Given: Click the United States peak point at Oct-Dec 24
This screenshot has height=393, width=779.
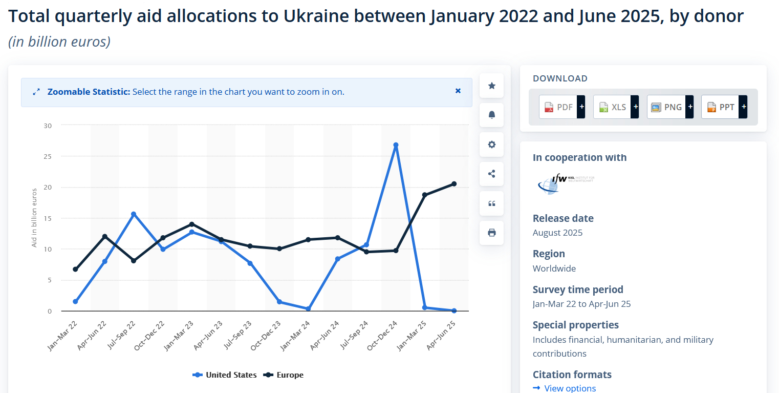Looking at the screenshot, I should pyautogui.click(x=396, y=145).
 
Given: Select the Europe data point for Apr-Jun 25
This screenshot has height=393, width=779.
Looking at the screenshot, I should pyautogui.click(x=454, y=184).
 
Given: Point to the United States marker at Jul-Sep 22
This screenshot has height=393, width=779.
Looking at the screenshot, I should pyautogui.click(x=134, y=214).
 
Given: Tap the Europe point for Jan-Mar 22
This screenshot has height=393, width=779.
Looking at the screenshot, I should pyautogui.click(x=75, y=269).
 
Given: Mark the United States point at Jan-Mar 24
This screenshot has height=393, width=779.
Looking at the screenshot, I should pyautogui.click(x=308, y=308).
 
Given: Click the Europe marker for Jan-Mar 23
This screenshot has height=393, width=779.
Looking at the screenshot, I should pyautogui.click(x=192, y=224).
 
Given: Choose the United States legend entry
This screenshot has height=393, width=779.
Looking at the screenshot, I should pyautogui.click(x=225, y=375).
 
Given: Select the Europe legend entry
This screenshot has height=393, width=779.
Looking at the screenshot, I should pyautogui.click(x=284, y=375).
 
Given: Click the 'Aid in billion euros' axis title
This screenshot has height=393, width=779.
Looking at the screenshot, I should pyautogui.click(x=34, y=218).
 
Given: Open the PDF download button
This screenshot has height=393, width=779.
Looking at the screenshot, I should pyautogui.click(x=559, y=107).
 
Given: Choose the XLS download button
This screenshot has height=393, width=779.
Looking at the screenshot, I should pyautogui.click(x=613, y=107).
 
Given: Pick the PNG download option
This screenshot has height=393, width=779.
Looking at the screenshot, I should pyautogui.click(x=667, y=107).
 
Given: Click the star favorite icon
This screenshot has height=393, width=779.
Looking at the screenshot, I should pyautogui.click(x=492, y=86).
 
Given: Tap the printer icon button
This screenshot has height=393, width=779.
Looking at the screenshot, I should pyautogui.click(x=492, y=233).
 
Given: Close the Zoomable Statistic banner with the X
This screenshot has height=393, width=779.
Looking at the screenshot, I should pyautogui.click(x=458, y=91).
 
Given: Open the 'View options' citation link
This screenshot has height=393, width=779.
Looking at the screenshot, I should pyautogui.click(x=570, y=388).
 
